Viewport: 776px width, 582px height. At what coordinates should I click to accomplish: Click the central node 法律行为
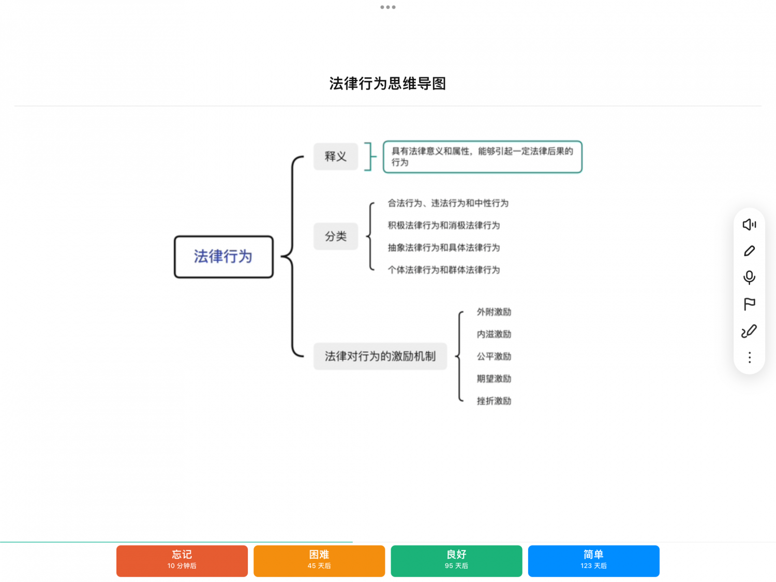(x=223, y=257)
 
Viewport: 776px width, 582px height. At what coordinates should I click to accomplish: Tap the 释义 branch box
(x=336, y=156)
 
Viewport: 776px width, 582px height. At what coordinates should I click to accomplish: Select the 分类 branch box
(x=336, y=236)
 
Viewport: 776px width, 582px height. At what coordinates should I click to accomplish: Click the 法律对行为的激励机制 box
(x=380, y=356)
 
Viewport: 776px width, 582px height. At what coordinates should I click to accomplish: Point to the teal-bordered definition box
(x=483, y=157)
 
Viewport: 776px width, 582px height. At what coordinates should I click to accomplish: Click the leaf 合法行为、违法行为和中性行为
(x=448, y=203)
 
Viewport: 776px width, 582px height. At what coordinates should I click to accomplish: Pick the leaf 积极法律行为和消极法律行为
(x=444, y=226)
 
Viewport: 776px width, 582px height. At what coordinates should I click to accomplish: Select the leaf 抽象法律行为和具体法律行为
(x=444, y=248)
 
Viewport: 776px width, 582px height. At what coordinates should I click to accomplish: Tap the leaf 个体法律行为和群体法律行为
(x=444, y=270)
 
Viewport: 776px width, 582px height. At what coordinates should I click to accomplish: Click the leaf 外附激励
(x=494, y=311)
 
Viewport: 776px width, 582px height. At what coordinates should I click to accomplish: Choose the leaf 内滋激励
(x=494, y=334)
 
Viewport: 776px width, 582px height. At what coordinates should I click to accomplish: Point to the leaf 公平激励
(x=494, y=356)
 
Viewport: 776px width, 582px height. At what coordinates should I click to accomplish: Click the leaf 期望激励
(x=494, y=379)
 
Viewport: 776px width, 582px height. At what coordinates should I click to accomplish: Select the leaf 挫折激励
(x=494, y=401)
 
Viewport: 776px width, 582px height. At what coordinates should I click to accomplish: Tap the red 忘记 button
(x=182, y=561)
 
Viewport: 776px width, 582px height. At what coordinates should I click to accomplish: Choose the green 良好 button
(x=456, y=561)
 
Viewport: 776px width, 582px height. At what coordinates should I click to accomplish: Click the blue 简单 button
(x=593, y=561)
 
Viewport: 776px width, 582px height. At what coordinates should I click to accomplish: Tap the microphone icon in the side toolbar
(x=749, y=277)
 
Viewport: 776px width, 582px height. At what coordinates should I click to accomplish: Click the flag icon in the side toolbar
(x=749, y=304)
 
